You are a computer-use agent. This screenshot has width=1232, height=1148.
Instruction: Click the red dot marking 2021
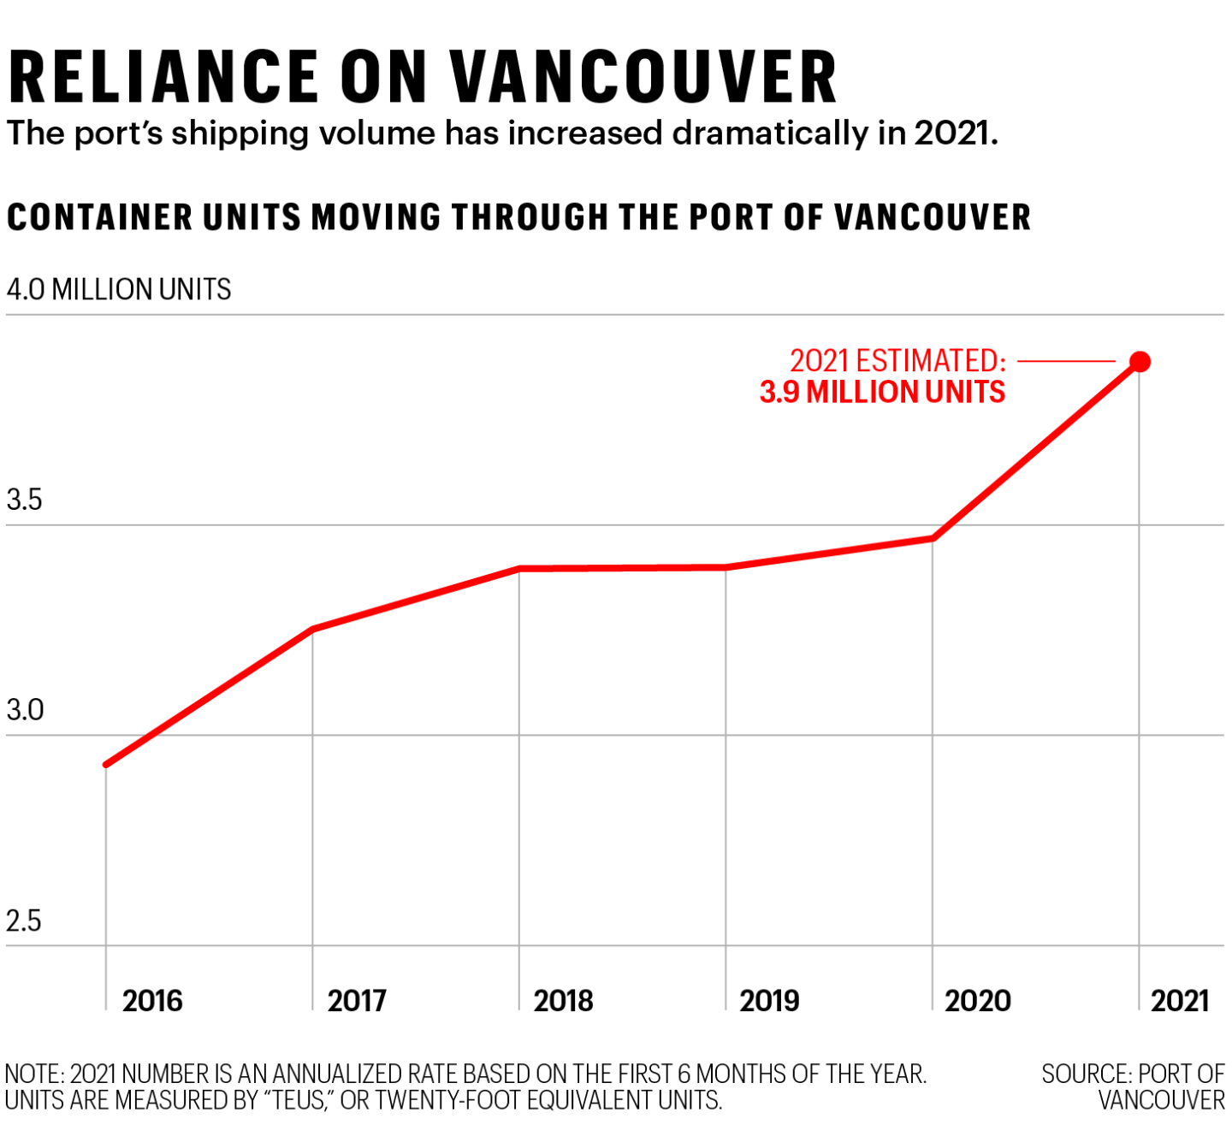(x=1140, y=362)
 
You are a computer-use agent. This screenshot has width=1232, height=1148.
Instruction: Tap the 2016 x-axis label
(x=152, y=1000)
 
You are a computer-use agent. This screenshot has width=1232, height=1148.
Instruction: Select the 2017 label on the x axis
(x=357, y=1000)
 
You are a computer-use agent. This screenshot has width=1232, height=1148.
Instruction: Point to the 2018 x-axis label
(x=563, y=1000)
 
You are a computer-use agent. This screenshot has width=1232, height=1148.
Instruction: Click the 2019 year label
(x=769, y=1000)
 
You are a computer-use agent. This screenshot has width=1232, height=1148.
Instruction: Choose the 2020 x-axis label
(x=977, y=1000)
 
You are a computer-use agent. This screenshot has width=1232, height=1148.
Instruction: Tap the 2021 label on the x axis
(x=1179, y=1000)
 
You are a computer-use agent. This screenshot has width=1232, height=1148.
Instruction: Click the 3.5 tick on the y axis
(x=24, y=500)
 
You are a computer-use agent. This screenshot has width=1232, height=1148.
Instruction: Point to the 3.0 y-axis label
(x=25, y=710)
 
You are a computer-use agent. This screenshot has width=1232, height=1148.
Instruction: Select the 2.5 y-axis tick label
(x=24, y=920)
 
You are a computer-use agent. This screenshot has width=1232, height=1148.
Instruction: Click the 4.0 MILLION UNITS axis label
(x=119, y=289)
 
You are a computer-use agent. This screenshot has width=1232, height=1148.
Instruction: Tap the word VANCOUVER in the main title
(x=643, y=77)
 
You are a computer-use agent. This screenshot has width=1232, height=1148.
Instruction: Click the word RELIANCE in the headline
(x=163, y=77)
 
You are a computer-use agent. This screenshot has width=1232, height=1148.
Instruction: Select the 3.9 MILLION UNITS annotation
(x=882, y=392)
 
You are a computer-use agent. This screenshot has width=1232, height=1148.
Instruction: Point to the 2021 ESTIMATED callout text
(x=897, y=360)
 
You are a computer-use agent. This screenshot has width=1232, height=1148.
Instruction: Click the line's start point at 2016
(x=106, y=764)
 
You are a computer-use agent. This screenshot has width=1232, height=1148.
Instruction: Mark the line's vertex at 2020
(x=933, y=538)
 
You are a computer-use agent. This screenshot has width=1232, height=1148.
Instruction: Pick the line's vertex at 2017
(x=312, y=630)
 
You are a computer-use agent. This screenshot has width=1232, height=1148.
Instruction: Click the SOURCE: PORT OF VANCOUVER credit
(x=1133, y=1086)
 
